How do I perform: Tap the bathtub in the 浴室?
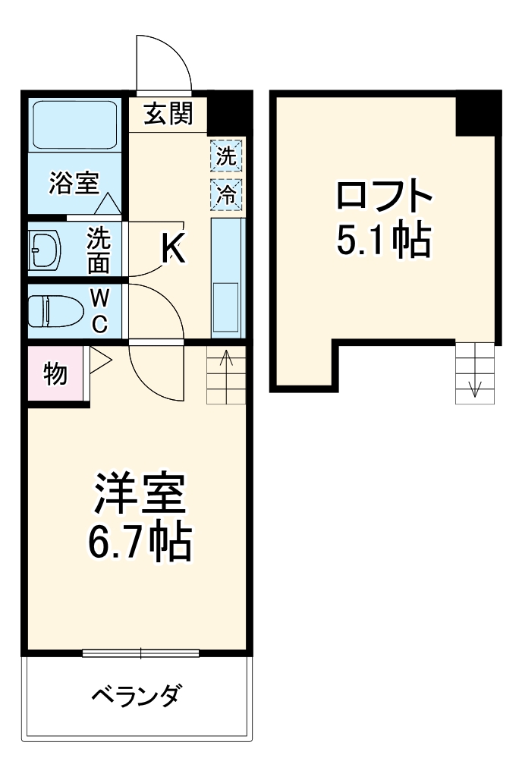pos(74,125)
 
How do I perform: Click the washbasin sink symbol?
pos(46,250)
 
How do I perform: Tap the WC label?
pos(99,310)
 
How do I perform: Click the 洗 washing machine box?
pos(226,157)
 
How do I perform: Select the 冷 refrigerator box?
pos(226,193)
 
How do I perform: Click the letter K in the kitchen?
pos(174,247)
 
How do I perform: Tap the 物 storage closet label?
pos(55,373)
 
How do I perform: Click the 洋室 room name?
pos(139,495)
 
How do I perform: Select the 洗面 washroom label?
pos(98,250)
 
